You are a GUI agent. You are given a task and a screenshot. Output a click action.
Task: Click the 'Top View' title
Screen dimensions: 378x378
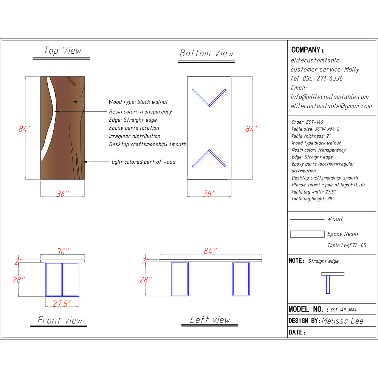[62, 51]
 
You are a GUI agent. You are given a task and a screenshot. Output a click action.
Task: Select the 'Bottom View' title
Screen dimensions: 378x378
[206, 53]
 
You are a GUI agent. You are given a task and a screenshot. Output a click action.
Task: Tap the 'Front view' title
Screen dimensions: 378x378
[60, 320]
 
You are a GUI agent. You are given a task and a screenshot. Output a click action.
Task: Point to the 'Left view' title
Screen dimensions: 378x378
[210, 320]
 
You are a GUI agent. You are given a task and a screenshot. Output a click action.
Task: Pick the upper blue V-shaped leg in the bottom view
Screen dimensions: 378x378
[209, 98]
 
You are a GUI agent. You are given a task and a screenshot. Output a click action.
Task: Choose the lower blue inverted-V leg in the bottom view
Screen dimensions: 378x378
[209, 158]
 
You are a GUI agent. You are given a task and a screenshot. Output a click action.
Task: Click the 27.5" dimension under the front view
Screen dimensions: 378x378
[62, 303]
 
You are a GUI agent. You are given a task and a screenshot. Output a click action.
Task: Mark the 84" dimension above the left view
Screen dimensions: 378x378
[210, 251]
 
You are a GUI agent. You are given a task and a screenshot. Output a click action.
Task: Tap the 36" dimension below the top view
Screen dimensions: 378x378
[63, 194]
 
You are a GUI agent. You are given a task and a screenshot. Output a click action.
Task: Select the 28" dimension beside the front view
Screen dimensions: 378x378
[19, 280]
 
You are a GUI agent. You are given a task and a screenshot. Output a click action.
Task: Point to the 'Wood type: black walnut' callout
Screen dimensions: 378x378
[138, 102]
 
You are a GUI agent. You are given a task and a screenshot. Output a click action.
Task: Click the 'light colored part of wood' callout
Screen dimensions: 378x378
[143, 162]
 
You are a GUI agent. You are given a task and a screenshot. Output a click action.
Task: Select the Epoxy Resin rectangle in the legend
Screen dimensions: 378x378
[307, 234]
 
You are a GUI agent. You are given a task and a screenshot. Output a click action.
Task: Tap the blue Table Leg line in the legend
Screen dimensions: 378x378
[308, 246]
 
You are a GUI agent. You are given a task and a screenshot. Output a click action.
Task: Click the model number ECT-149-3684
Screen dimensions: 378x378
[343, 310]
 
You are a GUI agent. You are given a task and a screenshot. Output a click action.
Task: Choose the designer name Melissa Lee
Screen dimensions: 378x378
[342, 321]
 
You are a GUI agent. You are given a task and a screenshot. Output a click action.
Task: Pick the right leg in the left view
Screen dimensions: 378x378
[240, 279]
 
